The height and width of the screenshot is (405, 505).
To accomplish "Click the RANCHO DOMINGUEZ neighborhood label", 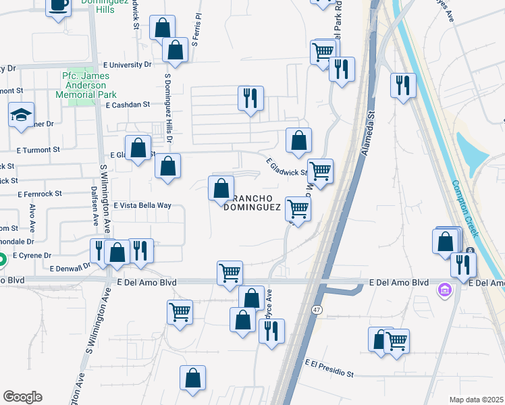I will click(x=255, y=202).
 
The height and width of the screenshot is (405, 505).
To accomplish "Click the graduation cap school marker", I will click(x=22, y=115).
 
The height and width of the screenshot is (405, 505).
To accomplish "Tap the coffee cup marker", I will click(x=59, y=5).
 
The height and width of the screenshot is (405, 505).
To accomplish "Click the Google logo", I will click(x=22, y=397).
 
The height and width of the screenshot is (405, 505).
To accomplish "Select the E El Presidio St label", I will click(x=329, y=368).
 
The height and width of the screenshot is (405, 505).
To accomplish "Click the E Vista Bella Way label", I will click(x=142, y=205).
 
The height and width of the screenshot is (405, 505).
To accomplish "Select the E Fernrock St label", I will click(x=39, y=193).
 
